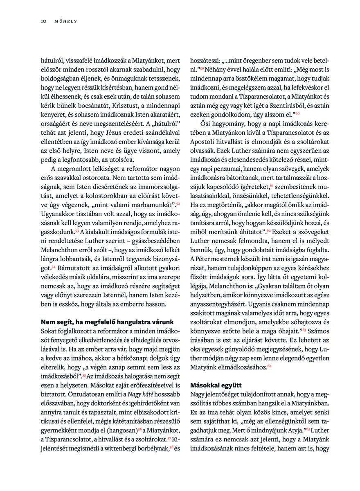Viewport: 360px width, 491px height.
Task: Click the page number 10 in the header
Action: point(43,21)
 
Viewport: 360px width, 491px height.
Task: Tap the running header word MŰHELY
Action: point(63,21)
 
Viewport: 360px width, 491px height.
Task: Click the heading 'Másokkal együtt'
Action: point(216,385)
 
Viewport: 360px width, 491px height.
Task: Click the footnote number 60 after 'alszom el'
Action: point(297,113)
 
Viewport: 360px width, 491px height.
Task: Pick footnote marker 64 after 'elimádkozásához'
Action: point(269,367)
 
